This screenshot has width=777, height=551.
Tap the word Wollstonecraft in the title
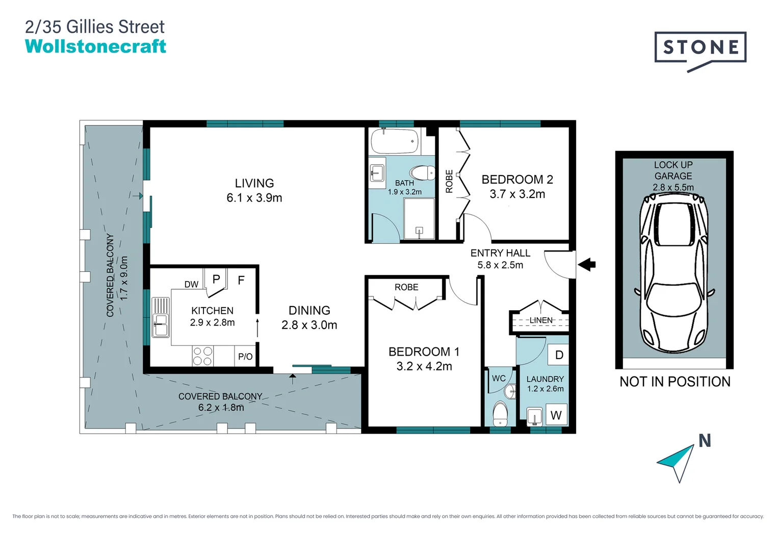pos(95,46)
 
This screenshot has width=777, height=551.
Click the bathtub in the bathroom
pos(395,141)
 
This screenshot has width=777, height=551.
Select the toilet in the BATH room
pos(422,172)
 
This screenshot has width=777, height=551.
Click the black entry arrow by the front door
pos(586,265)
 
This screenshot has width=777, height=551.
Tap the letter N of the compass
pos(705,440)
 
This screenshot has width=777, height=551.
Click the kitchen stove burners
pos(203,356)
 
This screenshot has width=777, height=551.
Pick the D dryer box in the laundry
pos(558,355)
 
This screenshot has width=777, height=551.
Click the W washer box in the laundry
pos(556,415)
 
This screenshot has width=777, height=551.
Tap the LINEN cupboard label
pos(541,320)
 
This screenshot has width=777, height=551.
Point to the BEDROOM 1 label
pos(424,352)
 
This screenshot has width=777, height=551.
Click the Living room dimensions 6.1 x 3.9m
pos(254,198)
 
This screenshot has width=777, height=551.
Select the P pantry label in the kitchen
pos(216,279)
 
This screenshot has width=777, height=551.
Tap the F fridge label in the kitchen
pos(241,280)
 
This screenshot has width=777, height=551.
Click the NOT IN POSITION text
pos(675,382)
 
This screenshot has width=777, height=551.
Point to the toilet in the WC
pos(500,414)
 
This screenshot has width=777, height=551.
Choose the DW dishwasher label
pos(192,285)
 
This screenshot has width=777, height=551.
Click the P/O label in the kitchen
pos(245,357)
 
